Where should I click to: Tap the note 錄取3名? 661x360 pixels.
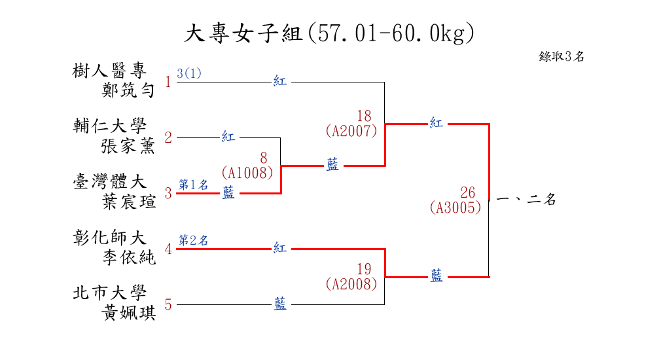point(562,57)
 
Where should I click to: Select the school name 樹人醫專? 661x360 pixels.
point(109,71)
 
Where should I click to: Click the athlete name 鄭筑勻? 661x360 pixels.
point(128,90)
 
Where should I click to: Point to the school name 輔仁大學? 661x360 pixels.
point(109,126)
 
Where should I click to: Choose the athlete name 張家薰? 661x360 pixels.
point(128,146)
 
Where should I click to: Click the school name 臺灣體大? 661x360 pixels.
point(109,182)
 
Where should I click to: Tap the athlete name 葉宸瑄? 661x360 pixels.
point(128,202)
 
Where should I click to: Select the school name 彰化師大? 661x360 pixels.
point(109,238)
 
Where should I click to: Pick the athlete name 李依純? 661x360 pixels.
point(128,257)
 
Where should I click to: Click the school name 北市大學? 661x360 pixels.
point(109,294)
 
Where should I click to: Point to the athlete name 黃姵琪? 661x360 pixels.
point(128,314)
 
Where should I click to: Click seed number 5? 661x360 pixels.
point(168,304)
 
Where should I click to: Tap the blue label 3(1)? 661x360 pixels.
point(189,73)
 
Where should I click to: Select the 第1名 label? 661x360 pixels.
point(193,185)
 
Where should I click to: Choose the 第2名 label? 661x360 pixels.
point(193,240)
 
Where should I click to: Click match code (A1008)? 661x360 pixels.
point(247,173)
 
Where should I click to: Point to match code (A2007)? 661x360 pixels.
point(351,131)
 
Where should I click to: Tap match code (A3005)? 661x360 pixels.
point(456,207)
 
